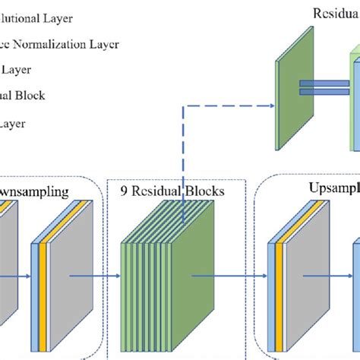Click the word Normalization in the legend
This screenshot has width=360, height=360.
(54, 44)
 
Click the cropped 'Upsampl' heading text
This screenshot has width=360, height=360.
(334, 187)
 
